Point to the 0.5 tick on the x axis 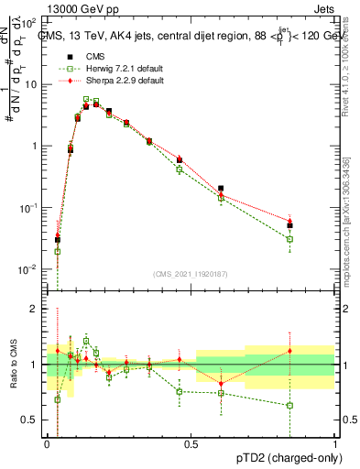click(191, 443)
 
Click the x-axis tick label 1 click(334, 443)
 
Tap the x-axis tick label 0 click(47, 443)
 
